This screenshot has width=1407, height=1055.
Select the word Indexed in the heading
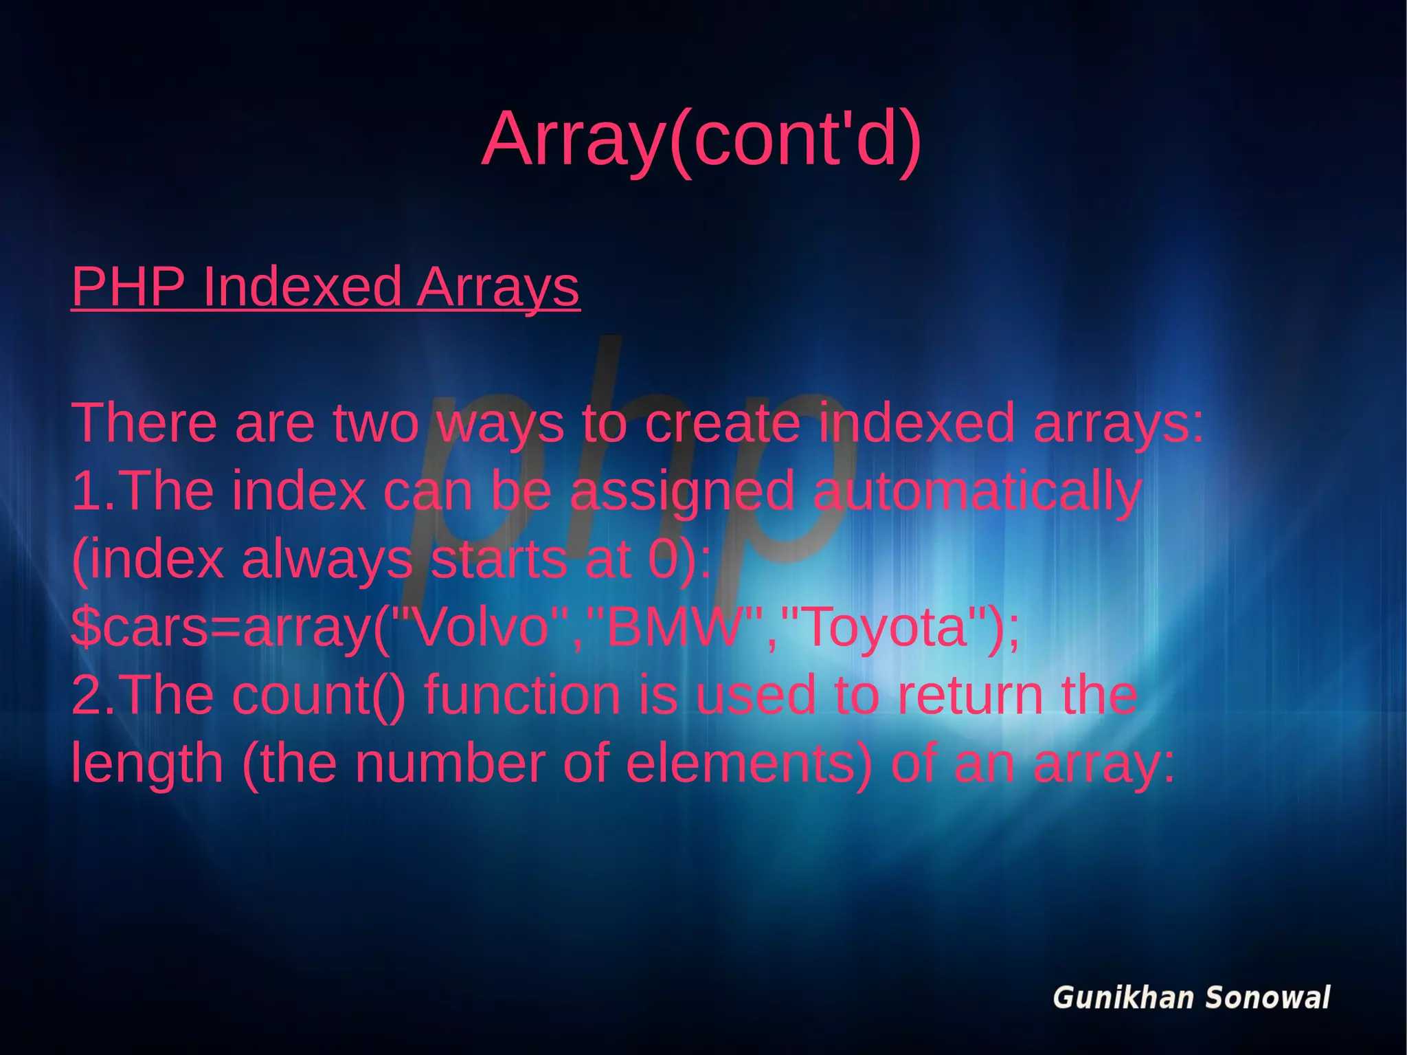pos(302,287)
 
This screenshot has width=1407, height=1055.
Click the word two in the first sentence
pos(376,423)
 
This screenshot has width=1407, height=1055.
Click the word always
pos(327,561)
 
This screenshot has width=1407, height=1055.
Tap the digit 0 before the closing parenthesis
pos(664,559)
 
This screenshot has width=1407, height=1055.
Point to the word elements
pos(749,764)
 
